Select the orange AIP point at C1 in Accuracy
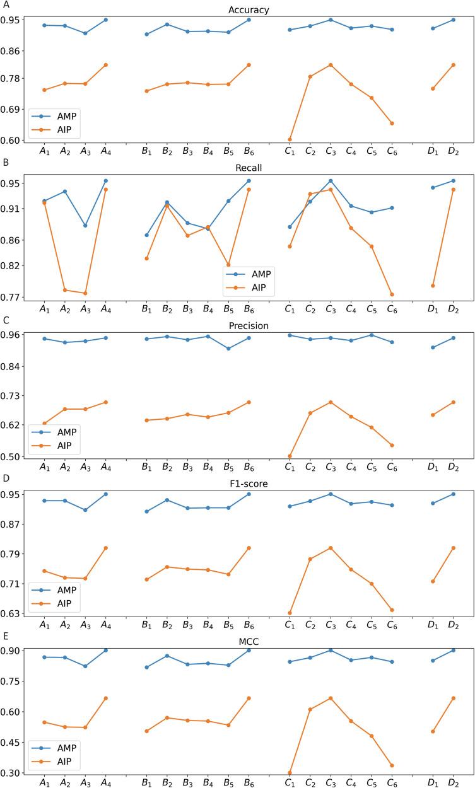(290, 139)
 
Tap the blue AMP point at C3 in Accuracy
(330, 20)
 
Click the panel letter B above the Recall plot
(6, 162)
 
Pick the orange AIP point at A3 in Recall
(85, 293)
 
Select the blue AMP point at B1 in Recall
(146, 235)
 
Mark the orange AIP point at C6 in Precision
(392, 445)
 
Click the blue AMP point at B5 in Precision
(228, 348)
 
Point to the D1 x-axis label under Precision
(433, 467)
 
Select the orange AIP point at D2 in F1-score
(453, 548)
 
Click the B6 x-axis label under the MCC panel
(249, 782)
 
